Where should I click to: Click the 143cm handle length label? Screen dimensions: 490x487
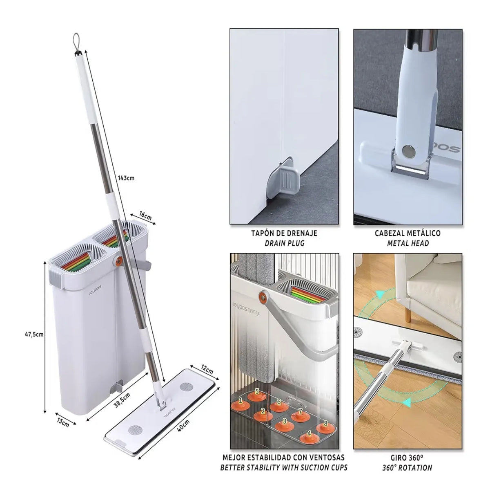tap(126, 178)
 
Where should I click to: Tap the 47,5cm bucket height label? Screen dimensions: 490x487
tap(34, 334)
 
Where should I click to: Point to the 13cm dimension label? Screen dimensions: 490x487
tap(62, 422)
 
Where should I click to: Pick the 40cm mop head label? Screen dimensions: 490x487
tap(183, 425)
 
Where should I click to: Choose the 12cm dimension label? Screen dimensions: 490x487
tap(207, 370)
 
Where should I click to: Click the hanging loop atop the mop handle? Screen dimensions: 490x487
tap(76, 43)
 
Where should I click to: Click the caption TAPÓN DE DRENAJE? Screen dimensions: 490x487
tap(284, 233)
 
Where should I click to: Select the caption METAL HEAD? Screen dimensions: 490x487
tap(408, 243)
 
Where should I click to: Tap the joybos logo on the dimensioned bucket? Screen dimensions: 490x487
tap(95, 290)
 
